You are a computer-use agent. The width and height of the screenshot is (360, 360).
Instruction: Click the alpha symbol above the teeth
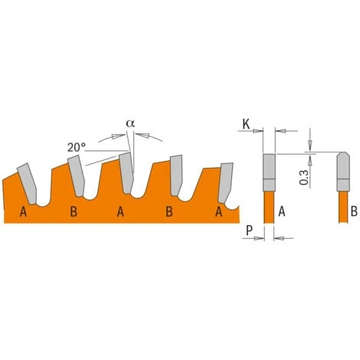(130, 123)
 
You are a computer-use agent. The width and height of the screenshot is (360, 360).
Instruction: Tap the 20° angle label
(77, 147)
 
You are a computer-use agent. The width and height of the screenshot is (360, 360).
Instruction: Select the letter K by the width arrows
(246, 125)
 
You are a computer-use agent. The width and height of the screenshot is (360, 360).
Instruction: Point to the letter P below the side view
(249, 231)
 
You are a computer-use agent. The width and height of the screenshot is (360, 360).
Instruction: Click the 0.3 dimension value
(304, 178)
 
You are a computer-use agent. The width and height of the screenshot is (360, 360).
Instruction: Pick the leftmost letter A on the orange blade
(23, 211)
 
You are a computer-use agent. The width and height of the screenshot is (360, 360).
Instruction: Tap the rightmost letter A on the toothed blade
(218, 211)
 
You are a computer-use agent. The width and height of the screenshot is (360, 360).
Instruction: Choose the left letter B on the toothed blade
(74, 211)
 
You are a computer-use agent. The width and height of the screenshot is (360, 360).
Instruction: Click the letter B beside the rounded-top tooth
(354, 211)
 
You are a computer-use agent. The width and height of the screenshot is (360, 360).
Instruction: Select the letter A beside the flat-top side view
(282, 211)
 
